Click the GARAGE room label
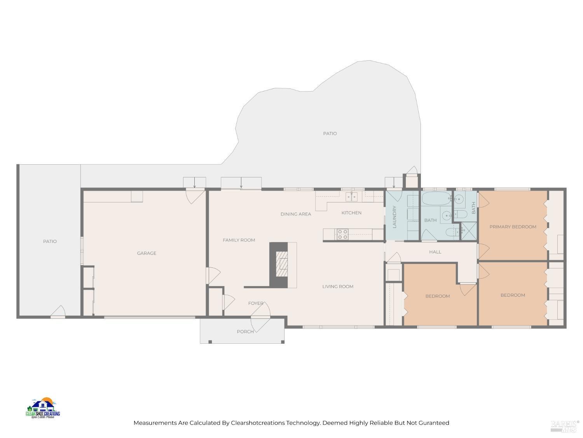(147, 253)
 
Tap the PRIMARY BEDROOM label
(513, 227)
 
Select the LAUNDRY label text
(394, 216)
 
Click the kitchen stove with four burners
(342, 234)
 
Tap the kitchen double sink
(352, 197)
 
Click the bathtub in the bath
(436, 199)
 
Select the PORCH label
(245, 332)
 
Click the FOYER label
(256, 303)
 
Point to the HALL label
(435, 252)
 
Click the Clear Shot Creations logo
(43, 408)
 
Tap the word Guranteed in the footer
(434, 423)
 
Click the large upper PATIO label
(330, 134)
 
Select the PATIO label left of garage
(50, 241)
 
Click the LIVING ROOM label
(338, 287)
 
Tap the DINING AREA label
(296, 214)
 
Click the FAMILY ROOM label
(239, 240)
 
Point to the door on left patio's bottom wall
(58, 312)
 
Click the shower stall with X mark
(468, 231)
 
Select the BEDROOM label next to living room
(437, 296)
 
